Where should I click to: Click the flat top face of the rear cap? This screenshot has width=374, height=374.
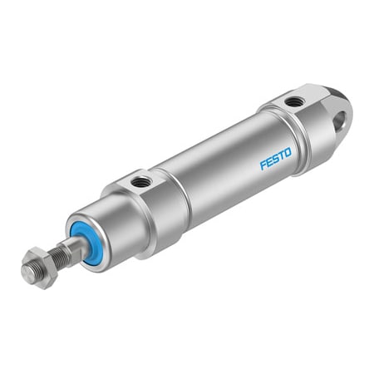click(x=293, y=101)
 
